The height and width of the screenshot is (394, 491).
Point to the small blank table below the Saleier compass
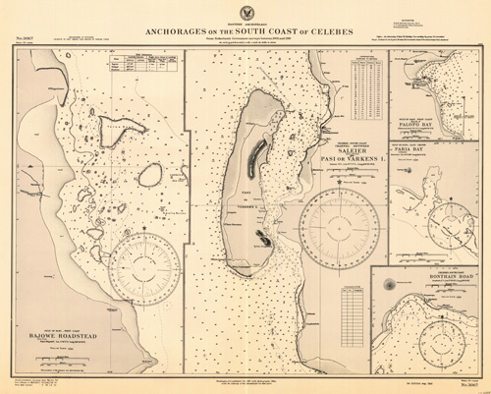click(349, 294)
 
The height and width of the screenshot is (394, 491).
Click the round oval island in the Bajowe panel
click(150, 177)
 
